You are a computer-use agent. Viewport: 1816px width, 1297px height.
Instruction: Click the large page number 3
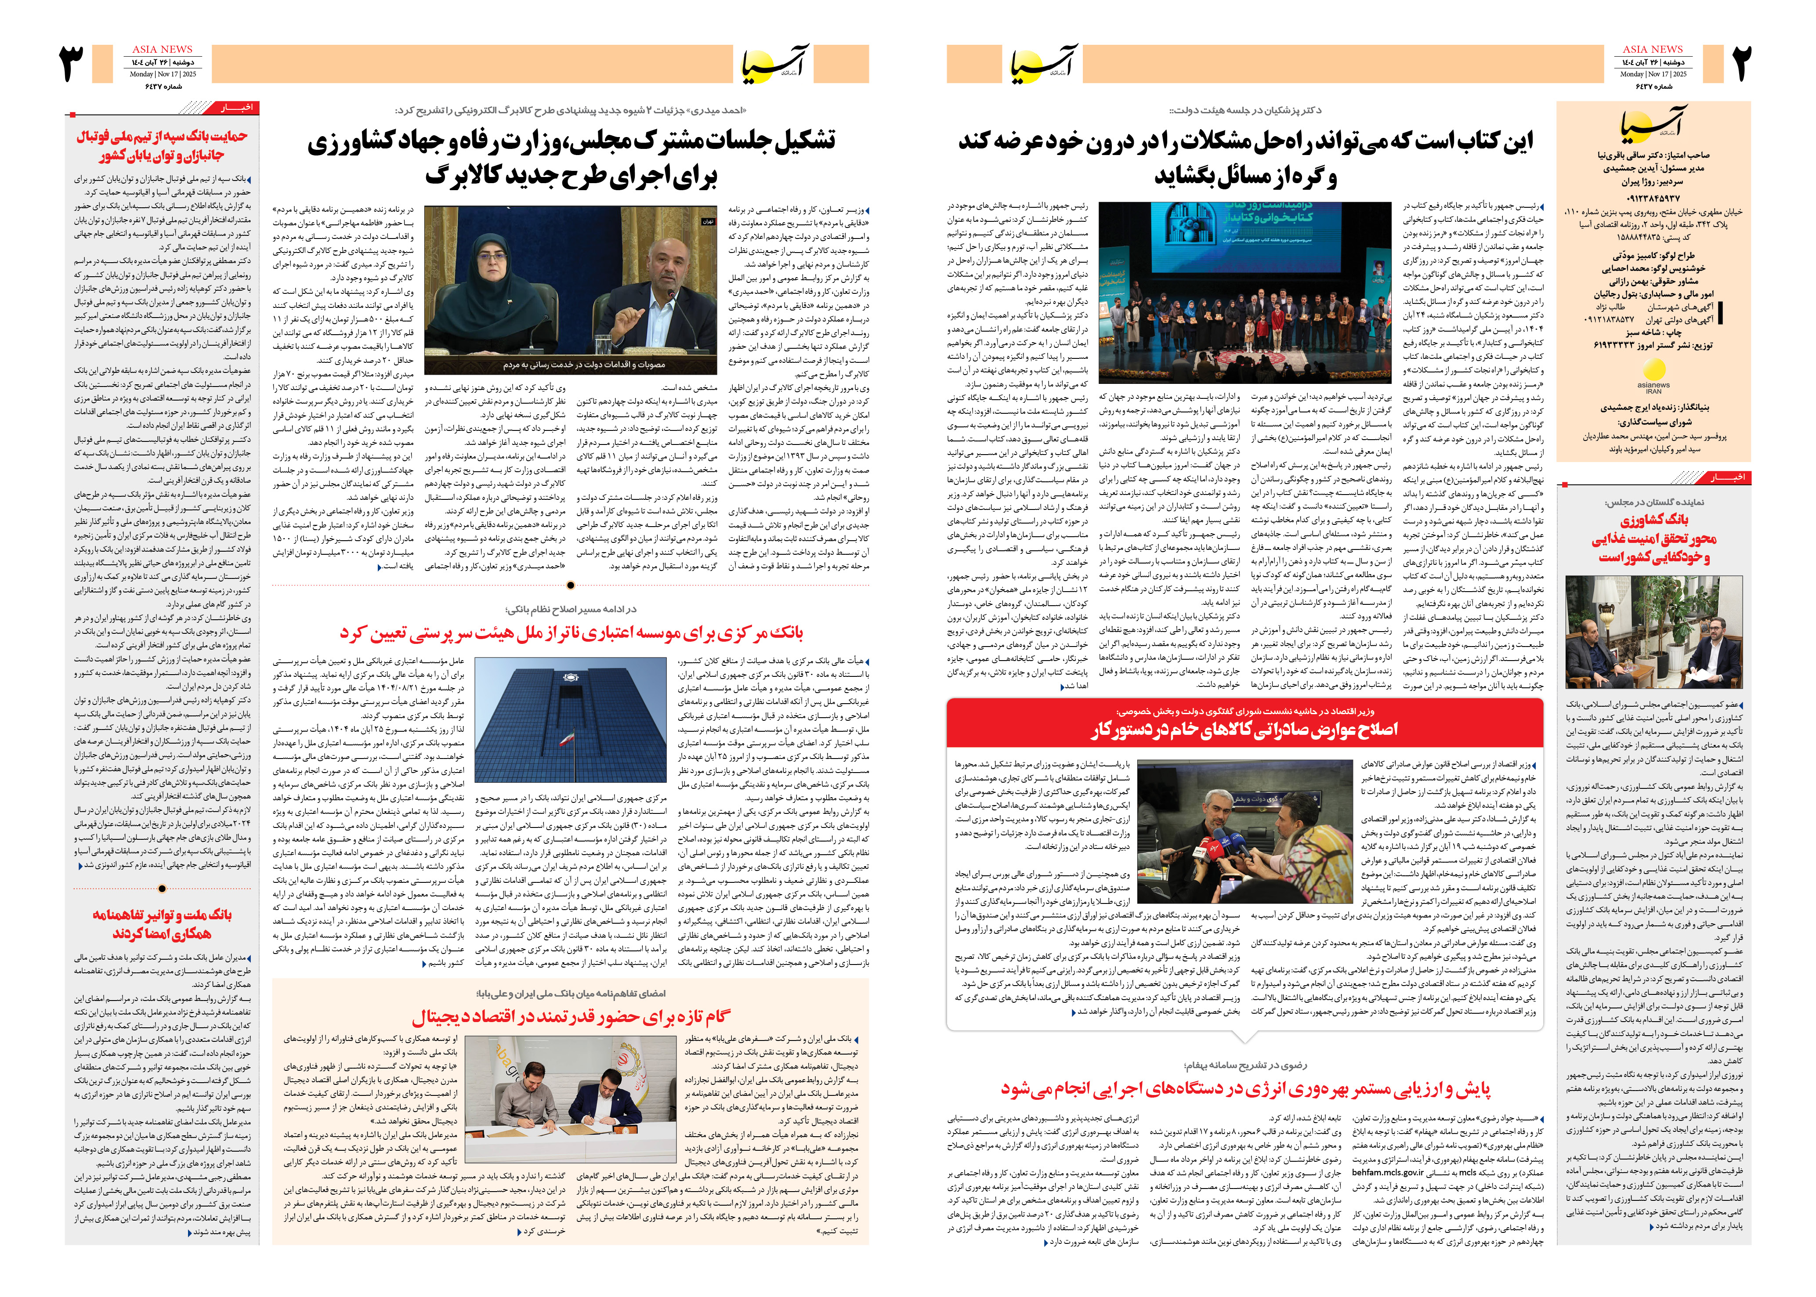click(x=72, y=64)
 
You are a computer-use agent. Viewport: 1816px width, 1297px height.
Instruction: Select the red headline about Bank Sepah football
click(x=162, y=145)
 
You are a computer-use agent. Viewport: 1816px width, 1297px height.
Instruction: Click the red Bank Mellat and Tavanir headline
click(x=162, y=924)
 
